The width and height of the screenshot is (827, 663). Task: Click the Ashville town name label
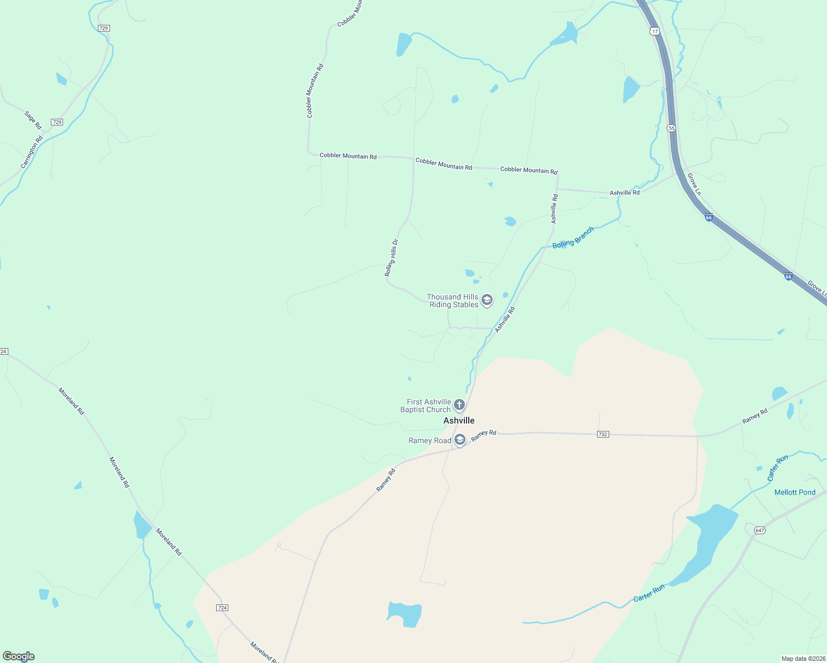click(459, 420)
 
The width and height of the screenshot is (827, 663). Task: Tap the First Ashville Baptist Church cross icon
click(459, 406)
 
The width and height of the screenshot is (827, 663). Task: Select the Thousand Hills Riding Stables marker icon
click(487, 300)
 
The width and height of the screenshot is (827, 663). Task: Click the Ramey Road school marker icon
click(459, 440)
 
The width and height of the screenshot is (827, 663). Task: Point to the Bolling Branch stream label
click(573, 237)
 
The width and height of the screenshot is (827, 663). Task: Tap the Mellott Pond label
click(794, 492)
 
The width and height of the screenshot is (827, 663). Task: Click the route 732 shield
click(603, 434)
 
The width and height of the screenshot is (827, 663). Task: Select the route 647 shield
click(759, 530)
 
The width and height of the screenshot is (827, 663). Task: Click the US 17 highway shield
click(655, 31)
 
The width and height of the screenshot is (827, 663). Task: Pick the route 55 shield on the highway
click(671, 128)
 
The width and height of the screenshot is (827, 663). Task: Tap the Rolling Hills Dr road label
click(391, 257)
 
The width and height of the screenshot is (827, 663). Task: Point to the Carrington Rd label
click(32, 152)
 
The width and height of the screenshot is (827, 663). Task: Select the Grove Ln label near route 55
click(694, 184)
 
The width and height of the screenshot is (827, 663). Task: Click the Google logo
click(19, 656)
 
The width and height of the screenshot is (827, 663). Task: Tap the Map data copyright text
click(803, 659)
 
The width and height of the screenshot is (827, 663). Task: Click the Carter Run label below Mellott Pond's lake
click(649, 593)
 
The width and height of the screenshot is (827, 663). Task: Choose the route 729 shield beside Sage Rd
click(56, 122)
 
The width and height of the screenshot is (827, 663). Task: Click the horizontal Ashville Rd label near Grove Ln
click(624, 193)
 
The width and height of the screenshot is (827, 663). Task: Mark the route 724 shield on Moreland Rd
click(222, 608)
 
